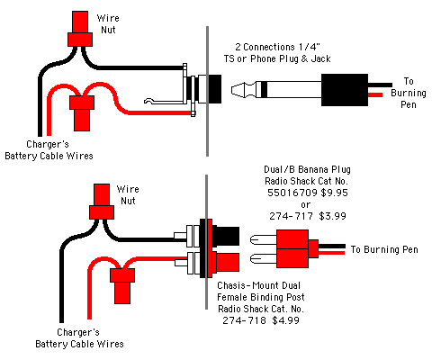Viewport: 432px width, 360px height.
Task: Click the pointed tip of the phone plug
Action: coord(231,89)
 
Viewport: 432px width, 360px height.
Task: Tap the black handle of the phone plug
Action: coord(345,90)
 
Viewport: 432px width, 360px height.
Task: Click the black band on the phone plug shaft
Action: coord(264,89)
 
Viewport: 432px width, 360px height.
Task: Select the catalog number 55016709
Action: coord(292,193)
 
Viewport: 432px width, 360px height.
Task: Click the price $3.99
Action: coord(332,216)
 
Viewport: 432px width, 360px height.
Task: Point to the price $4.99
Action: coord(285,320)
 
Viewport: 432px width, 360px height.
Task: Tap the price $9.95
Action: coord(334,193)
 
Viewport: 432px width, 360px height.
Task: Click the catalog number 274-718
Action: coord(244,320)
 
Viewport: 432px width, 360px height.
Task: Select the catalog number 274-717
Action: coord(291,216)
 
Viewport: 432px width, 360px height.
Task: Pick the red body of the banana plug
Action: coord(292,248)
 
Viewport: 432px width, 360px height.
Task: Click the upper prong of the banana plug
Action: coord(264,239)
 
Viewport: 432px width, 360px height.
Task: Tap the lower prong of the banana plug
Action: coord(264,258)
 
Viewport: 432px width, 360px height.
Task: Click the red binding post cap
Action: coord(226,262)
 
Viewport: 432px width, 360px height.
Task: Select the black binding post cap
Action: coord(226,236)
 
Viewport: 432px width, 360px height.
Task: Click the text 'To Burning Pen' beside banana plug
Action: coord(384,249)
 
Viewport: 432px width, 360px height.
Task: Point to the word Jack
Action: coord(320,58)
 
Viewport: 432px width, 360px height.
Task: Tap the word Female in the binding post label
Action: coord(232,297)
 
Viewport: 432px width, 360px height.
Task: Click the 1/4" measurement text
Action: coord(310,47)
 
